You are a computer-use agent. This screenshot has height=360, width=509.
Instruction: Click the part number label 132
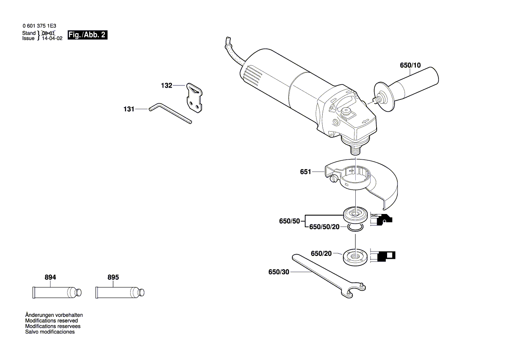pyautogui.click(x=166, y=86)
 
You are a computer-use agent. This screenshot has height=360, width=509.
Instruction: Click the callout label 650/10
pyautogui.click(x=410, y=65)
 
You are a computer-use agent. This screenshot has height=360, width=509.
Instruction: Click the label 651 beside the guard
pyautogui.click(x=305, y=172)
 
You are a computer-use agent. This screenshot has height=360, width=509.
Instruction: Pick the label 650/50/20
pyautogui.click(x=324, y=228)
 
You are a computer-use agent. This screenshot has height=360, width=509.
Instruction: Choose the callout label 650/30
pyautogui.click(x=279, y=272)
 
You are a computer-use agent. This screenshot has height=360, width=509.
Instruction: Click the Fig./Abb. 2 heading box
pyautogui.click(x=87, y=35)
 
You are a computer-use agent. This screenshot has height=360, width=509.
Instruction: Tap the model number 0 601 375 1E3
pyautogui.click(x=39, y=26)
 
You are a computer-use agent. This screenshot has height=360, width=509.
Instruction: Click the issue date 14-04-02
pyautogui.click(x=52, y=38)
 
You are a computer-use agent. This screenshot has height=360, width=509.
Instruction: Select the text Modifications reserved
pyautogui.click(x=51, y=321)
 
